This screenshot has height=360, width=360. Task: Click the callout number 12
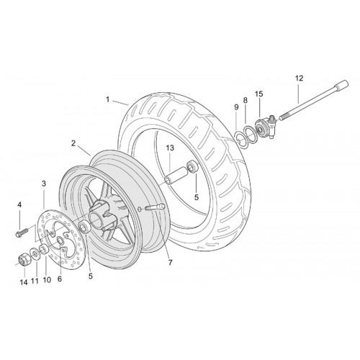tap(300, 78)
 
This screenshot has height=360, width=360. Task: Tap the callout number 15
tap(259, 94)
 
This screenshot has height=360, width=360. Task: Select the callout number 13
tap(170, 148)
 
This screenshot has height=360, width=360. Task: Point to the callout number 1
tap(108, 99)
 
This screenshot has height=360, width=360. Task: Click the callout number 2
tap(73, 143)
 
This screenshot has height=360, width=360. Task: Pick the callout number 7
tap(171, 263)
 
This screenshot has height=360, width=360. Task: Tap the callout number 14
tap(24, 282)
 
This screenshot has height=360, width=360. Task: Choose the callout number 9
tap(236, 107)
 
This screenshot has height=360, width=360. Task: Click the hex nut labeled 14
tap(24, 259)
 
